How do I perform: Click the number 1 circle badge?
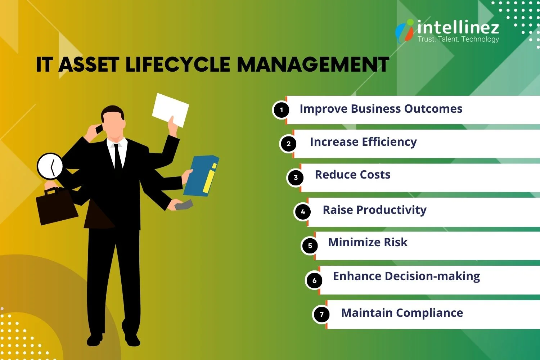tap(282, 110)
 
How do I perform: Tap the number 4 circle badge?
tap(303, 212)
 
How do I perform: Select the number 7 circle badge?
tap(321, 314)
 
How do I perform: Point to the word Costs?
tap(375, 175)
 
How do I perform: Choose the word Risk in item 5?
tap(396, 242)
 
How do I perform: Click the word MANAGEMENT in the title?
tap(313, 65)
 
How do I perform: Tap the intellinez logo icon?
tap(405, 31)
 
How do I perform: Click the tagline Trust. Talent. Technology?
tap(458, 39)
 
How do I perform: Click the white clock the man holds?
tap(50, 166)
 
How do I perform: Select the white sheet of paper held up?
tap(170, 109)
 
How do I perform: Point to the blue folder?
tap(201, 176)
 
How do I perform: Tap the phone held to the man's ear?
tap(99, 129)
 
